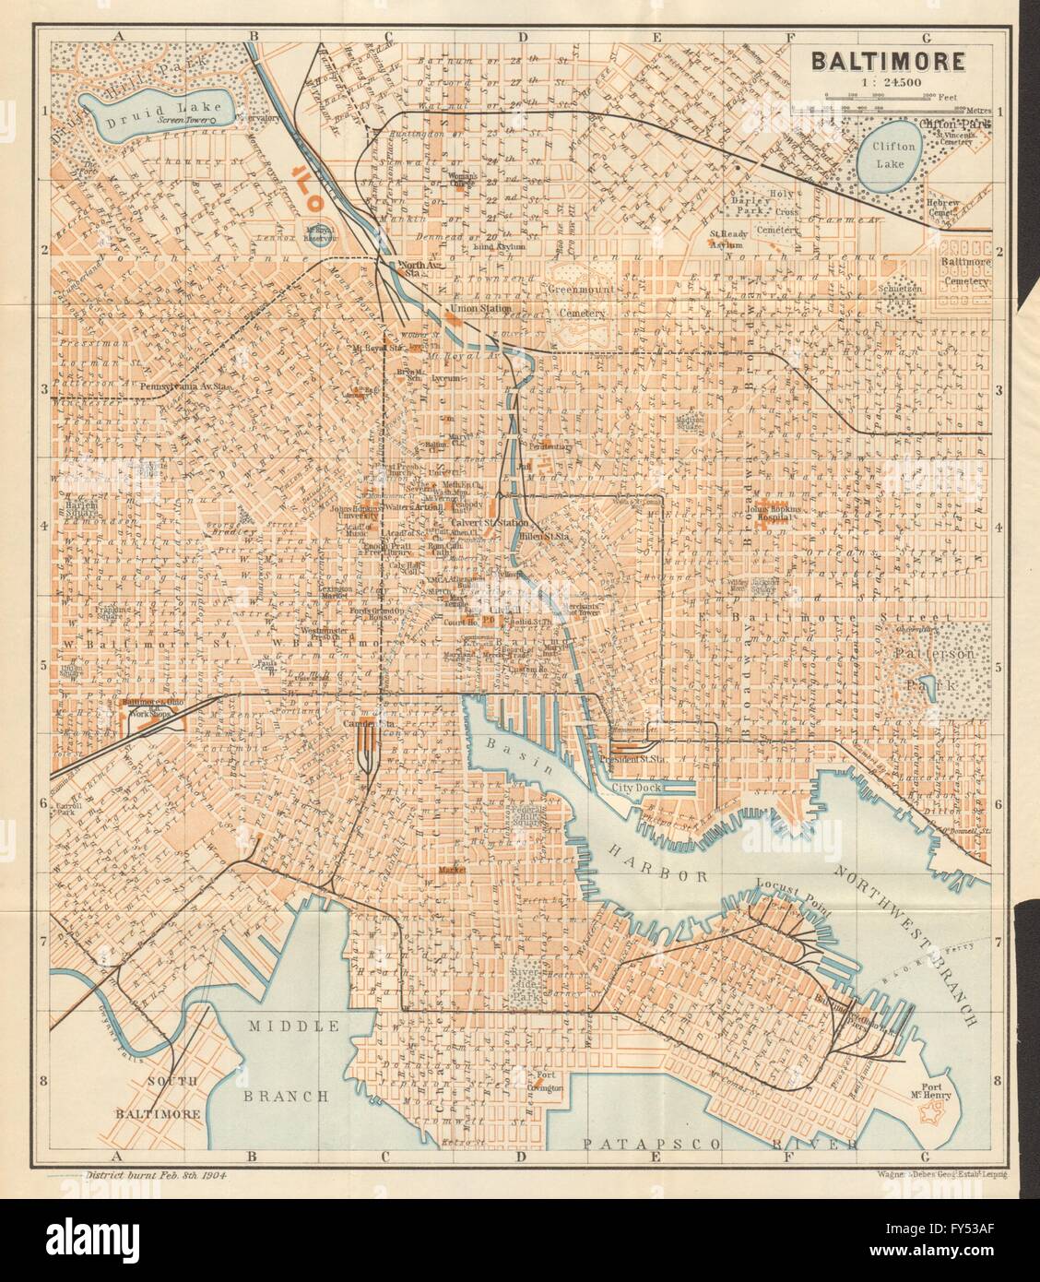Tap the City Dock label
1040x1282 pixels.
638,789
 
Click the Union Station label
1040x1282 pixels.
477,307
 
